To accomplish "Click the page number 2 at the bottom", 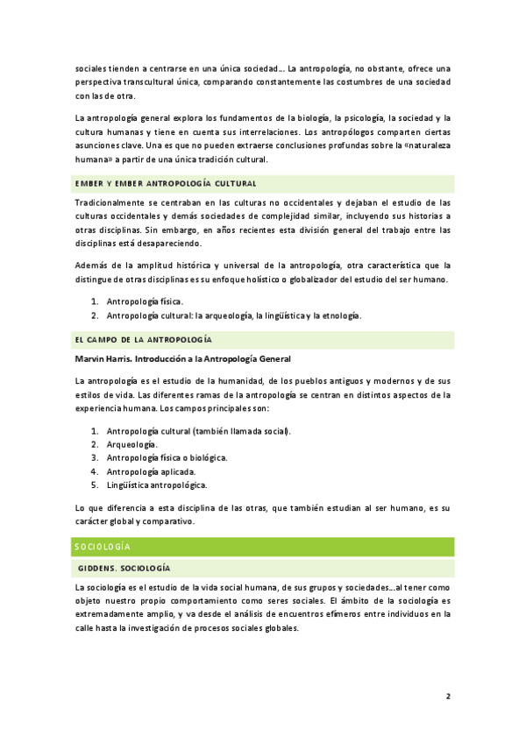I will (448, 697).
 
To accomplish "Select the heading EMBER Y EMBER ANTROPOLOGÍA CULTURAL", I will (165, 184).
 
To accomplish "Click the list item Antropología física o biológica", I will (167, 457).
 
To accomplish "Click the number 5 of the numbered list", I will (94, 485).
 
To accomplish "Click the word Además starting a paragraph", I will (91, 265).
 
